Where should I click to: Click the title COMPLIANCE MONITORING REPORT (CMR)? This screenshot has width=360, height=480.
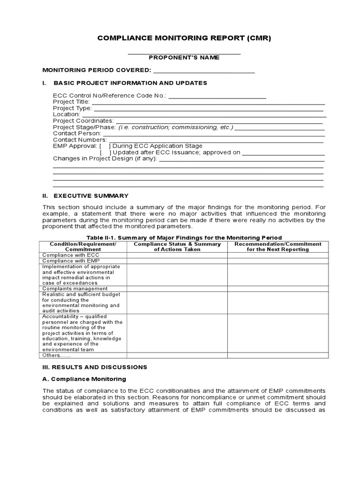pyautogui.click(x=184, y=38)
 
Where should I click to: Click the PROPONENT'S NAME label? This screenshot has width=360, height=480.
pyautogui.click(x=184, y=58)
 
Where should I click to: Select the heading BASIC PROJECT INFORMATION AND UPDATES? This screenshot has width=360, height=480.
pyautogui.click(x=130, y=83)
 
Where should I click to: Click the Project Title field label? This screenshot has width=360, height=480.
pyautogui.click(x=71, y=102)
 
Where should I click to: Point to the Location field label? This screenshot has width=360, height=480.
pyautogui.click(x=66, y=114)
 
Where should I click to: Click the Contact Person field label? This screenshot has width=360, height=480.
pyautogui.click(x=76, y=133)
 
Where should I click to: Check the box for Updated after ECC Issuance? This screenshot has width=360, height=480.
pyautogui.click(x=105, y=152)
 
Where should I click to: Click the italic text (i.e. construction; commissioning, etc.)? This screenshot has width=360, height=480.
pyautogui.click(x=175, y=127)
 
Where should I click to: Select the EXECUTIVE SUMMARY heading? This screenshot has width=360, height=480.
pyautogui.click(x=91, y=195)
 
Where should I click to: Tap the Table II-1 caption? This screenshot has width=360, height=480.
pyautogui.click(x=184, y=237)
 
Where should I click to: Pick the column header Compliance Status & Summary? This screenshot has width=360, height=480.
pyautogui.click(x=177, y=247)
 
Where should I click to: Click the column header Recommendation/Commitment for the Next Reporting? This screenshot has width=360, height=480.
pyautogui.click(x=278, y=247)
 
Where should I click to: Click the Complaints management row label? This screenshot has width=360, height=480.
pyautogui.click(x=72, y=289)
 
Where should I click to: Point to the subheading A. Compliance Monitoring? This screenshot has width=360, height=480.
pyautogui.click(x=84, y=379)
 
